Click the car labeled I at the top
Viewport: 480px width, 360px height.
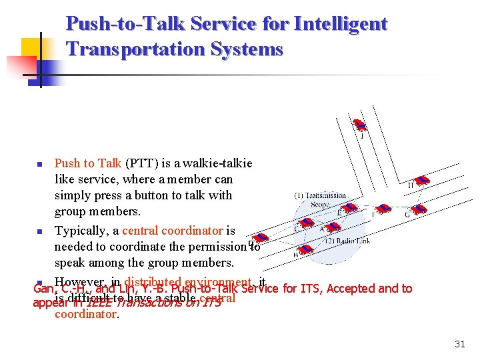(x=360, y=125)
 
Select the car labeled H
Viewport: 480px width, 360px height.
(x=421, y=179)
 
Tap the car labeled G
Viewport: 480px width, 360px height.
(x=418, y=209)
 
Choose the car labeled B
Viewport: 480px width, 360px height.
(x=305, y=249)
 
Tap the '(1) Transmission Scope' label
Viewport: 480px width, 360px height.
(x=320, y=200)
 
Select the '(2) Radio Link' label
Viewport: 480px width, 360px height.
(x=347, y=241)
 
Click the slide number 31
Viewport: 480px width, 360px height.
(x=459, y=344)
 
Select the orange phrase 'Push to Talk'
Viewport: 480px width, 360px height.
(x=87, y=163)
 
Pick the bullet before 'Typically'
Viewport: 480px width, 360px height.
(x=39, y=232)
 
